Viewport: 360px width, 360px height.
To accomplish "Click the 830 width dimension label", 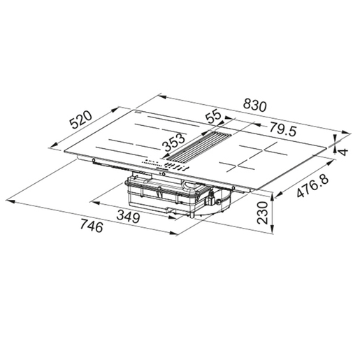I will pos(255,106).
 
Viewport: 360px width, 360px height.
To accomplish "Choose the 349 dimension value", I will pos(127,217).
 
